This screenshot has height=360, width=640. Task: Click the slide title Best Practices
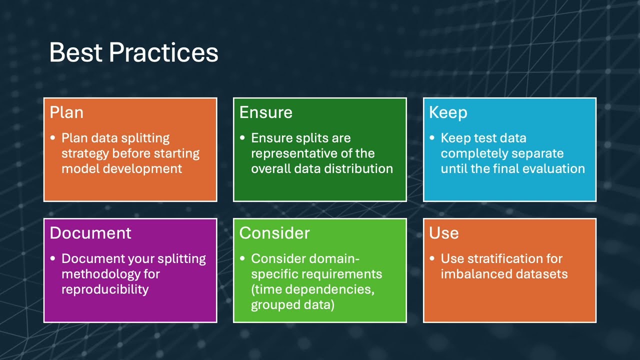point(133,52)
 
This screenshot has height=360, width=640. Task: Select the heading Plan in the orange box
point(66,112)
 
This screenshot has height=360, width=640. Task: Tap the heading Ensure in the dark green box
point(265,112)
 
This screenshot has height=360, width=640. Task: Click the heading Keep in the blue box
point(448,112)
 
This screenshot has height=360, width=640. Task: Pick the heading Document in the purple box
point(90,233)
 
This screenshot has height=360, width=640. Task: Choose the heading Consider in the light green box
point(274,233)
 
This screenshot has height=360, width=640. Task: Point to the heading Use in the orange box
point(443,233)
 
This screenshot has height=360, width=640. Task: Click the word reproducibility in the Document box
point(105,289)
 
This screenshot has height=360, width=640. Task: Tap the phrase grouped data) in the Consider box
point(292,304)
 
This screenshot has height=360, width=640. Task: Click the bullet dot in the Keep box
point(432,138)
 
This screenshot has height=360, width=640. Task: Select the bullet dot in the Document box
point(53,259)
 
